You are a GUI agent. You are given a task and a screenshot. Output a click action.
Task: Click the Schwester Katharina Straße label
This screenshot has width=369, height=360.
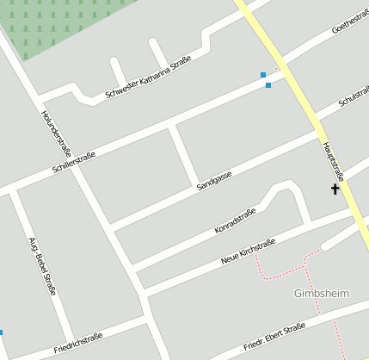(148, 76)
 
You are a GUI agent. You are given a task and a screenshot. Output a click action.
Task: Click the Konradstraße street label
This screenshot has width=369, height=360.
(235, 222)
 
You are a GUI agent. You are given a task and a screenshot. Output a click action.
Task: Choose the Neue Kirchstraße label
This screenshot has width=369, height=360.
(248, 251)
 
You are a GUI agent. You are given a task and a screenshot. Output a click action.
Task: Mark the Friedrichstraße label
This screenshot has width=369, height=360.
(77, 342)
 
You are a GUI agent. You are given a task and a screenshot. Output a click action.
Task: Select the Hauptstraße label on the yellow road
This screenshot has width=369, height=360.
(332, 161)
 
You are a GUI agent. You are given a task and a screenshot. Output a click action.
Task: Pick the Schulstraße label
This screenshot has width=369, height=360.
(354, 97)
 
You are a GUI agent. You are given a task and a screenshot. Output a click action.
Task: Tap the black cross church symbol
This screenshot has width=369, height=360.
(335, 189)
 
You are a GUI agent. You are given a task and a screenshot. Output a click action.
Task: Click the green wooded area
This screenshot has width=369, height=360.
(60, 26)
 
